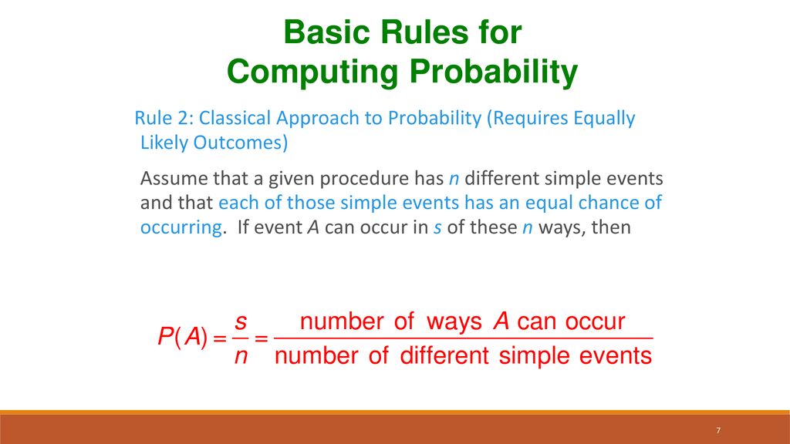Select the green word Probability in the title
click(493, 72)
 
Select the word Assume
click(174, 179)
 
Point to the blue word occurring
click(181, 228)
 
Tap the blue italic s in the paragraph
click(437, 228)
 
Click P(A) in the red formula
click(182, 336)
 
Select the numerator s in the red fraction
click(241, 321)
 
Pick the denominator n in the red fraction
click(241, 356)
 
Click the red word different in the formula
click(444, 355)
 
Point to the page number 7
click(718, 430)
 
